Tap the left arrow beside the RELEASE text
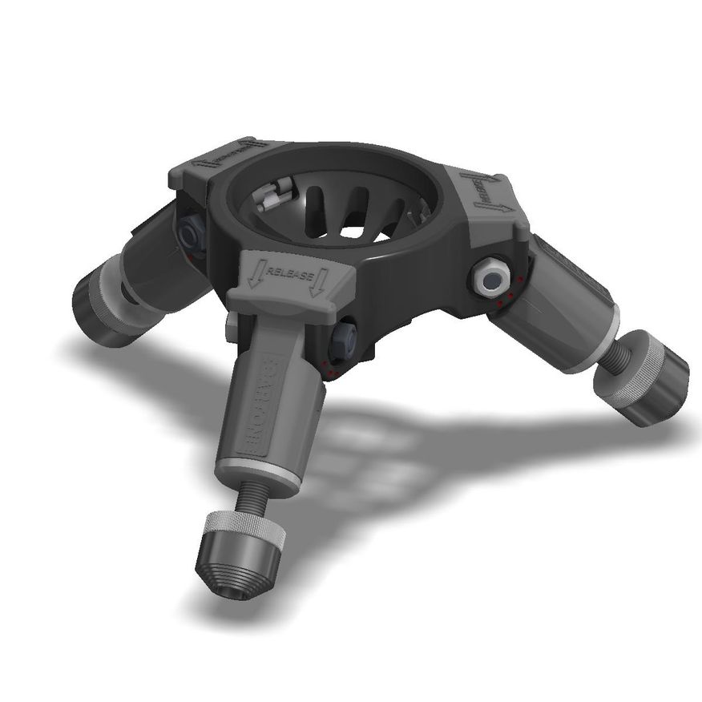tap(254, 277)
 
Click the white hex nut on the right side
tap(490, 277)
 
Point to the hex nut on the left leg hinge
tap(191, 233)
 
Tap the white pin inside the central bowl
tap(272, 194)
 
